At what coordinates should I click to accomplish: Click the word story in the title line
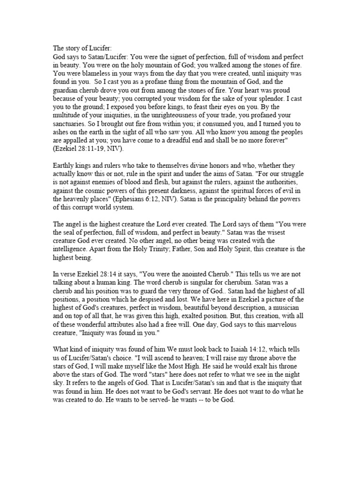(75, 47)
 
